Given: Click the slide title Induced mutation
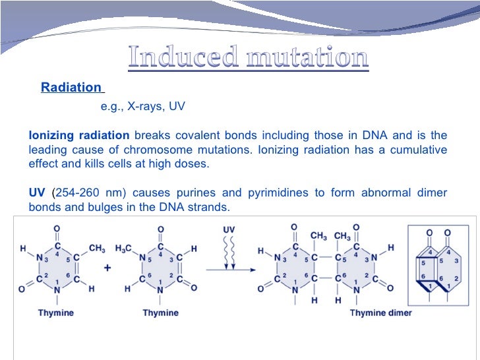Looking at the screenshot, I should click(x=247, y=58).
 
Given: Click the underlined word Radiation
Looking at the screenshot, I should click(x=71, y=88).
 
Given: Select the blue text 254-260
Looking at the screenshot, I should click(x=77, y=193).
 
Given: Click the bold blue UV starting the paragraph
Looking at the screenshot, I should click(x=37, y=193).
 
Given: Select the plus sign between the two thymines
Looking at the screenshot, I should click(x=107, y=268).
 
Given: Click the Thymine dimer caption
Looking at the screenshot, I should click(x=380, y=313).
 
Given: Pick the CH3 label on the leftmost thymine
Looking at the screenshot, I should click(x=96, y=249).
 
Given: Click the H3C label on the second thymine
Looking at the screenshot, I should click(x=123, y=249).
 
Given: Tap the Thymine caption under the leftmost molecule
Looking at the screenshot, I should click(x=56, y=313).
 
